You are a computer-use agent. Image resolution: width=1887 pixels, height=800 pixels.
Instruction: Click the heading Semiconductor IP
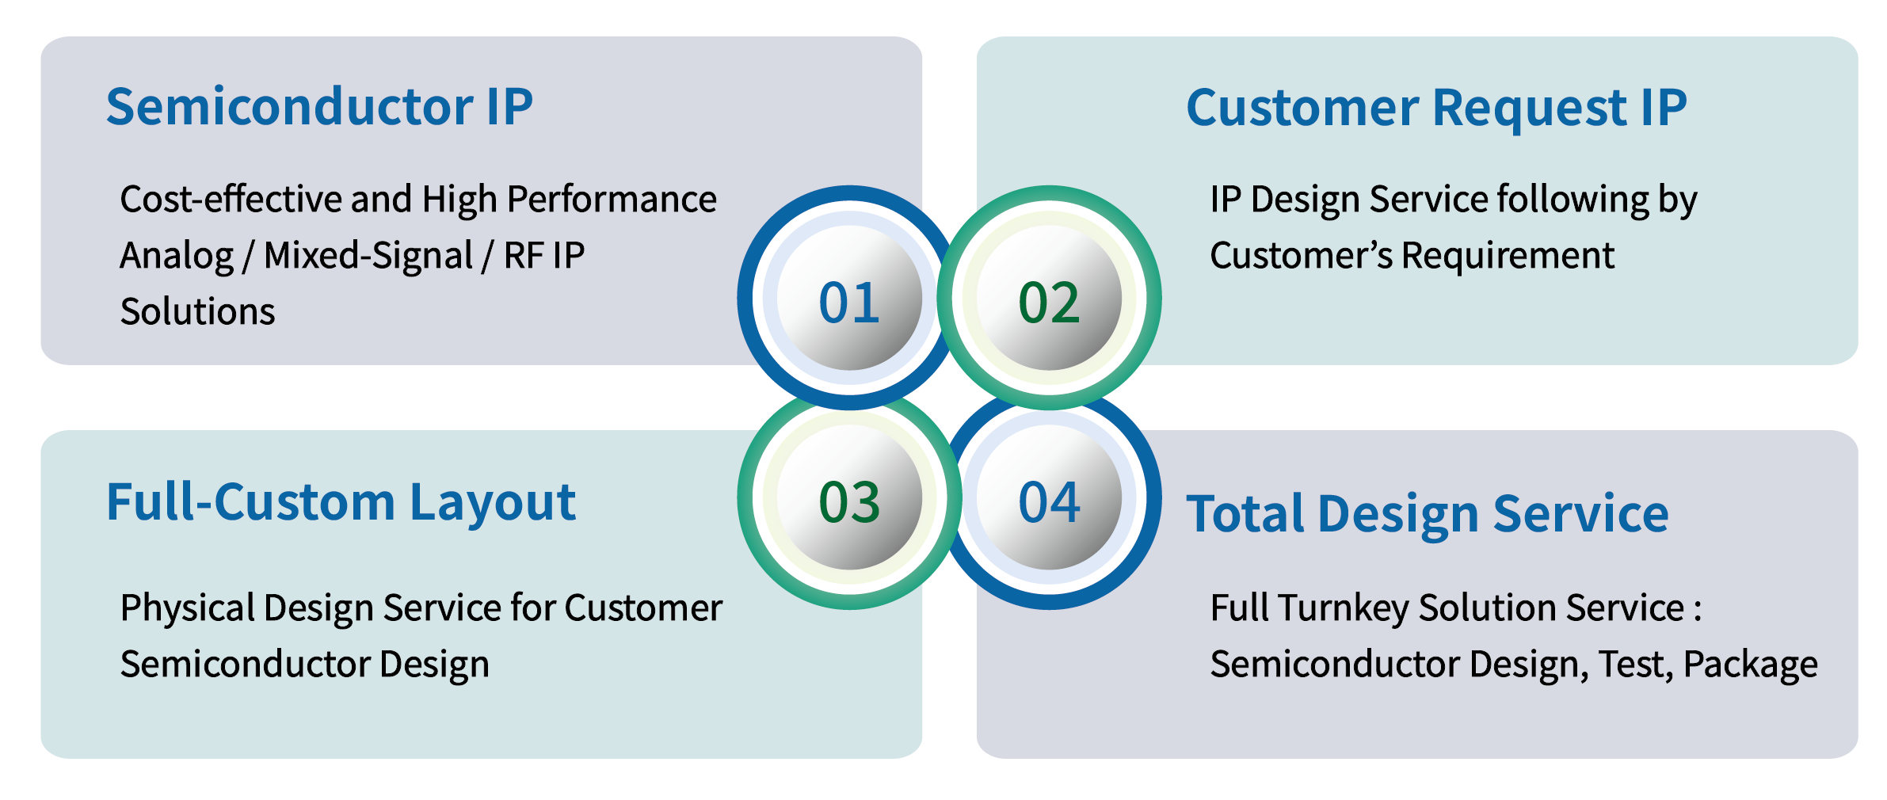pyautogui.click(x=319, y=107)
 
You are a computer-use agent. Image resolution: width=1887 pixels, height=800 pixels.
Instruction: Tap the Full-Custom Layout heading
pyautogui.click(x=341, y=503)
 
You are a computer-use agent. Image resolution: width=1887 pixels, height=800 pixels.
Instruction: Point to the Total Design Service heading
pyautogui.click(x=1427, y=514)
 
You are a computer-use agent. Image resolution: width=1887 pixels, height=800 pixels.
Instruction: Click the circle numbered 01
pyautogui.click(x=849, y=299)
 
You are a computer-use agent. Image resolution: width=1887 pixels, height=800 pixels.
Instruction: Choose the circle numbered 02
pyautogui.click(x=1049, y=299)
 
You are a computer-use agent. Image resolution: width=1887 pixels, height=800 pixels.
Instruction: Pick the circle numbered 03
pyautogui.click(x=849, y=499)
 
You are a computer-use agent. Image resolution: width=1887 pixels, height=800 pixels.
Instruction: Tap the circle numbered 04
pyautogui.click(x=1049, y=499)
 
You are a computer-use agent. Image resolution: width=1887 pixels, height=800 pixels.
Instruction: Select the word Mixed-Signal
pyautogui.click(x=368, y=256)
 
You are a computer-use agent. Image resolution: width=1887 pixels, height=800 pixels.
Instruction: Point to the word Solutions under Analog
pyautogui.click(x=197, y=311)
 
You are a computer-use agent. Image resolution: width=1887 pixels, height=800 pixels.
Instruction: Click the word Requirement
pyautogui.click(x=1508, y=256)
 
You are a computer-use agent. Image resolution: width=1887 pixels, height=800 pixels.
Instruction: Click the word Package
pyautogui.click(x=1750, y=665)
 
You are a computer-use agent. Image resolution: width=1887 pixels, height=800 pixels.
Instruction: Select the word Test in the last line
pyautogui.click(x=1634, y=665)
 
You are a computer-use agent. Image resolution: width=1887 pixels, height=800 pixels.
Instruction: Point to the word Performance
pyautogui.click(x=612, y=199)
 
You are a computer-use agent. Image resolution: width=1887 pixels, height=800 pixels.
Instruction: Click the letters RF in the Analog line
pyautogui.click(x=524, y=256)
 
